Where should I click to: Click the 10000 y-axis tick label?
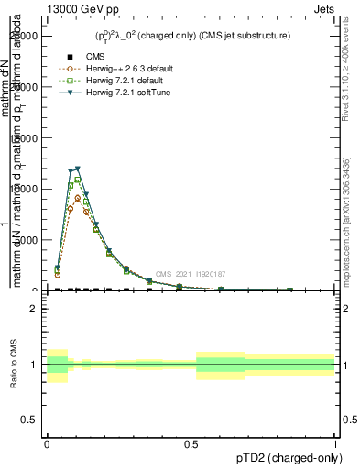27,189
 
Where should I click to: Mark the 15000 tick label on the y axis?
27,137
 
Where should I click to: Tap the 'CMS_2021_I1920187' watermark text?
190,274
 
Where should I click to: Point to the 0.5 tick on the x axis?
191,442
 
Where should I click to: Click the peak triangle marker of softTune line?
77,169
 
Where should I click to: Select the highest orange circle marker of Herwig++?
78,198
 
